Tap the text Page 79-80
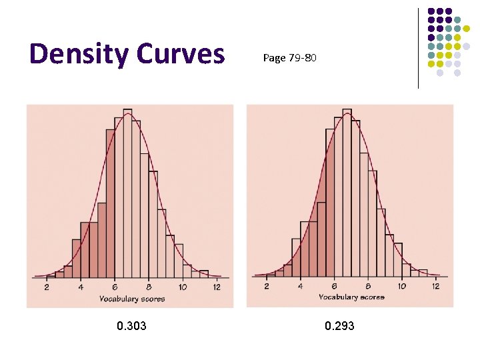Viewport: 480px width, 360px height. tap(289, 58)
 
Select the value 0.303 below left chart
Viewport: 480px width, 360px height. tap(131, 326)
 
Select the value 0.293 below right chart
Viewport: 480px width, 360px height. tap(339, 326)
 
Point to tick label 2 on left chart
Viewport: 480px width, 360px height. tap(47, 287)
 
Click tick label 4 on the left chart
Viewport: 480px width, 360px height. tap(81, 287)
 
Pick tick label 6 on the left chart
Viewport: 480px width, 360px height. tap(115, 287)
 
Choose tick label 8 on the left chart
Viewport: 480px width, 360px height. tap(149, 287)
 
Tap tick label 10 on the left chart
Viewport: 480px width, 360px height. tap(183, 287)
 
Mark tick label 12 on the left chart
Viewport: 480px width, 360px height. tap(217, 287)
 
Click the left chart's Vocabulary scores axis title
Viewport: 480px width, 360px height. tap(132, 299)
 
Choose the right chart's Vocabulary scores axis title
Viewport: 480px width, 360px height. tap(352, 297)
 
